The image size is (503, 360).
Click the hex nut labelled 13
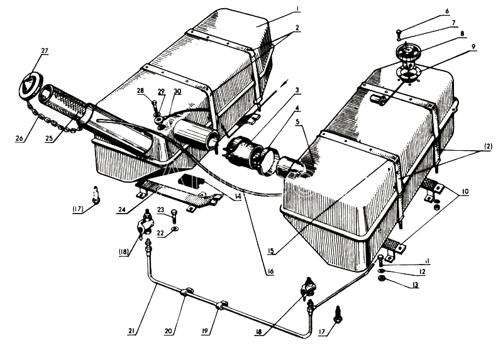pyautogui.click(x=382, y=278)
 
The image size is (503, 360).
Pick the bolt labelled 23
pyautogui.click(x=172, y=215)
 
